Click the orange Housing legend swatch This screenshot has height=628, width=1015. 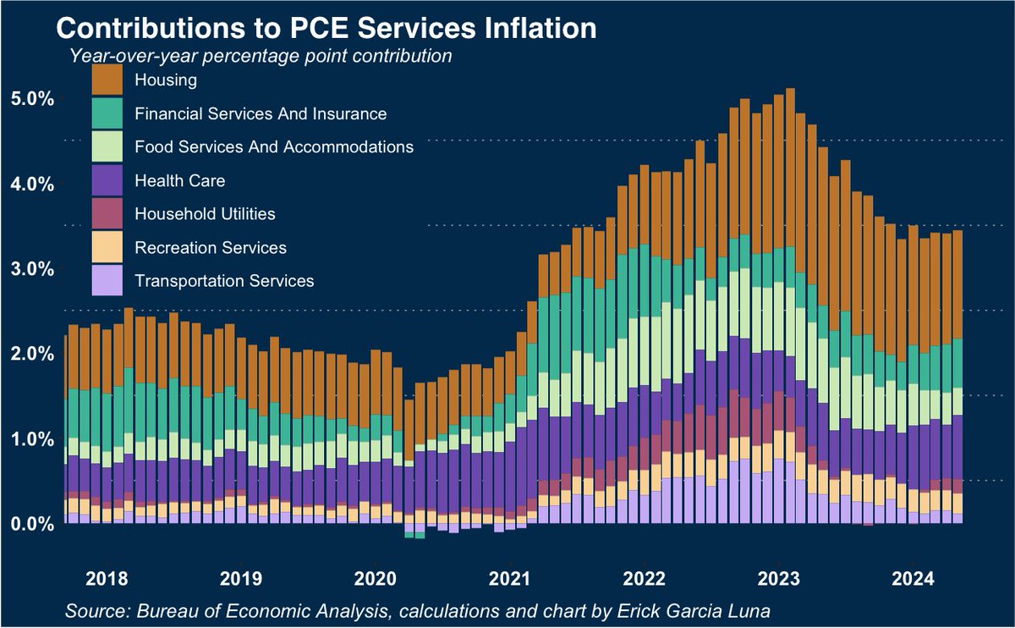[107, 80]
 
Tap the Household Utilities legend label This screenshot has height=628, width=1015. [205, 213]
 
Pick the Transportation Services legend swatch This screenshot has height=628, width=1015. [107, 280]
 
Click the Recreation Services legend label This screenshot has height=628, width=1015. [210, 247]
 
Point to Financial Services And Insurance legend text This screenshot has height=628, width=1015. [260, 113]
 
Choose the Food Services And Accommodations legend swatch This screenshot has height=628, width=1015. [107, 146]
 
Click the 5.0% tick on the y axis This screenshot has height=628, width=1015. [32, 98]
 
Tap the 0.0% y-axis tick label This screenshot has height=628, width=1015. [32, 524]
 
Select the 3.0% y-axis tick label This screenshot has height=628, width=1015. [32, 268]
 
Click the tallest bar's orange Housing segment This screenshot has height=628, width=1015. [790, 169]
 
